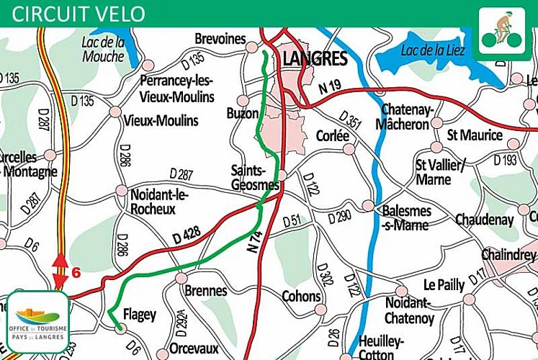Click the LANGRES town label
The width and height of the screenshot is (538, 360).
[315, 58]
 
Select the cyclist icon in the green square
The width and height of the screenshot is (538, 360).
[503, 28]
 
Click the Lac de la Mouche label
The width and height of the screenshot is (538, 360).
[103, 49]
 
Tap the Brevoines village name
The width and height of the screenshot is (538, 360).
[220, 39]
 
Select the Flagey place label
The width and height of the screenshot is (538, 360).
[139, 315]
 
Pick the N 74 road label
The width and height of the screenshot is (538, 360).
[254, 238]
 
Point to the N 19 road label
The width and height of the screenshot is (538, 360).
[330, 88]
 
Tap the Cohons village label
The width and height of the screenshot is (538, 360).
[301, 296]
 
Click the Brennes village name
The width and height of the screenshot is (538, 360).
[206, 291]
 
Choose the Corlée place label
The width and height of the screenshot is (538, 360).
[332, 135]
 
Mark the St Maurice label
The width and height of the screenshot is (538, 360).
[475, 135]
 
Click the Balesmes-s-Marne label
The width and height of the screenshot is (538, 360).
[406, 217]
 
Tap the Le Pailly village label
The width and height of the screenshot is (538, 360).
[444, 285]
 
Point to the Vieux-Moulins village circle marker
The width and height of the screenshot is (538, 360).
[115, 112]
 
